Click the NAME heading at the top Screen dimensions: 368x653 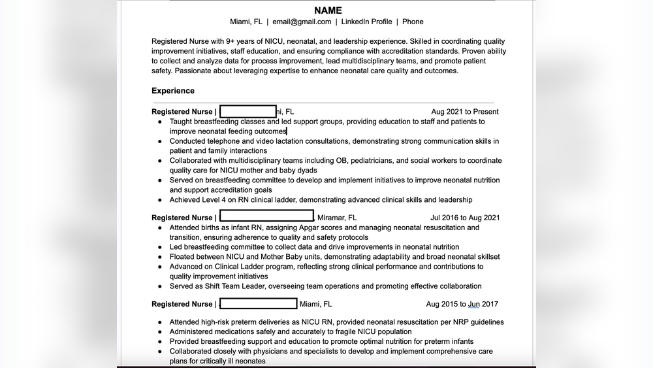click(x=328, y=10)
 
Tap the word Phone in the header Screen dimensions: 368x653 click(x=413, y=22)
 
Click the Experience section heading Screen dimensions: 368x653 click(x=173, y=91)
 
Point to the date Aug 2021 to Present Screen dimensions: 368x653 click(x=464, y=112)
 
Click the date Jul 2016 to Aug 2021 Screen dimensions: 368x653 click(x=465, y=218)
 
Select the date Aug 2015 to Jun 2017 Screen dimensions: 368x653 click(x=462, y=304)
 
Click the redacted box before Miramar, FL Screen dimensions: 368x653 click(x=266, y=216)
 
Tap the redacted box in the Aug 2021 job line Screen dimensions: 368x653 click(x=248, y=111)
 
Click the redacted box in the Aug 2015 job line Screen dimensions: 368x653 click(x=259, y=303)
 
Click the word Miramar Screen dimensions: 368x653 click(x=331, y=218)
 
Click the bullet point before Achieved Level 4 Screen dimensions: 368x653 click(x=159, y=200)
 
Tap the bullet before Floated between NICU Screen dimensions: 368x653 click(x=159, y=257)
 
